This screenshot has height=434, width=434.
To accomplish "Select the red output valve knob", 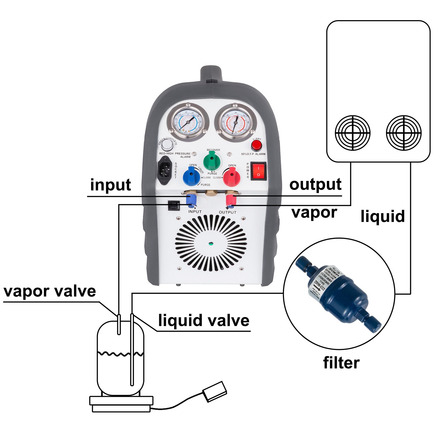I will (231, 177).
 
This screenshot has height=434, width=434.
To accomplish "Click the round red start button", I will (256, 146).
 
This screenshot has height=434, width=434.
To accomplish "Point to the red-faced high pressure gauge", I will (235, 123).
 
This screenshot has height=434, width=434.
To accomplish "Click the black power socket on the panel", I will (165, 170).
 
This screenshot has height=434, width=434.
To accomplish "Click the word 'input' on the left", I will (110, 185).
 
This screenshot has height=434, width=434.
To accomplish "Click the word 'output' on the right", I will (315, 185).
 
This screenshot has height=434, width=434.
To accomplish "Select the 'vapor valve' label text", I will (50, 291).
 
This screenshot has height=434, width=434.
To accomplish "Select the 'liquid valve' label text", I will (204, 320).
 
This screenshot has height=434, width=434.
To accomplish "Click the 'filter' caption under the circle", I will (341, 363).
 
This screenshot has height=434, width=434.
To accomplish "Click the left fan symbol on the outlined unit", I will (353, 133).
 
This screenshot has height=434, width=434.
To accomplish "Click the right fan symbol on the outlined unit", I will (404, 133).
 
